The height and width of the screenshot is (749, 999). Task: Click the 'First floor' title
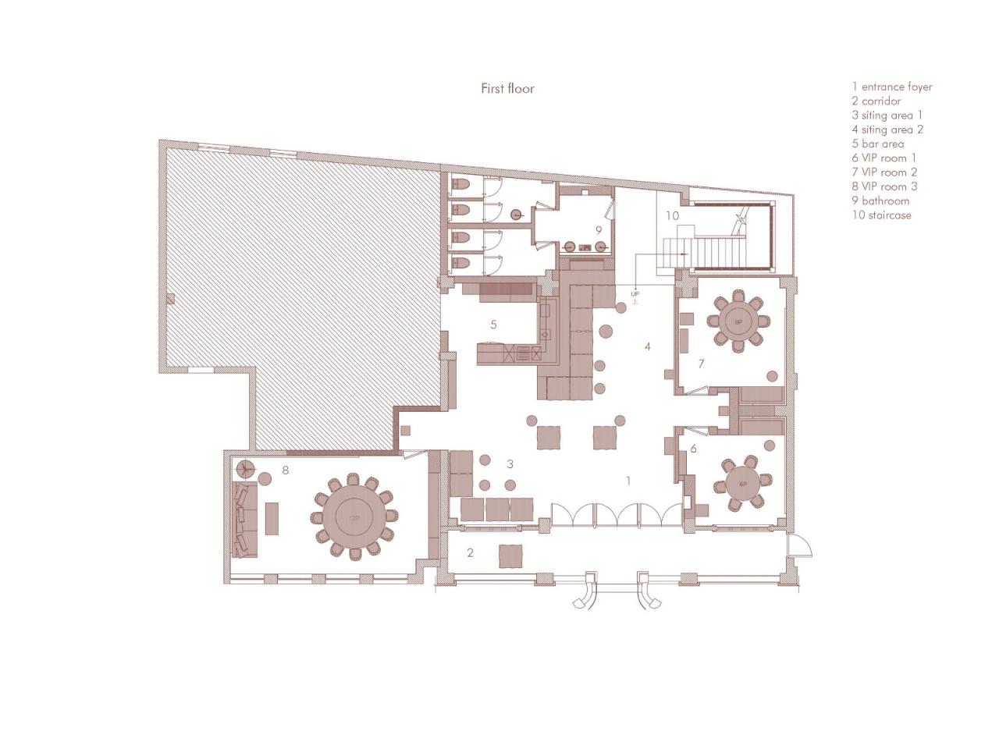[507, 88]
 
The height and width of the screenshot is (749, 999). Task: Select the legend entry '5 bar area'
[878, 144]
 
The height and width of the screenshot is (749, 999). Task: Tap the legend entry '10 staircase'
[881, 215]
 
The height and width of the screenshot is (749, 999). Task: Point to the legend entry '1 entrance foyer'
[892, 87]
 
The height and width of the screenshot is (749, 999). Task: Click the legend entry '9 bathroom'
[880, 201]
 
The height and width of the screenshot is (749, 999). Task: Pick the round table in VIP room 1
[742, 484]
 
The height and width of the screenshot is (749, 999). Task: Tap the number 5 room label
[493, 325]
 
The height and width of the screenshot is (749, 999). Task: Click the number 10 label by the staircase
[672, 215]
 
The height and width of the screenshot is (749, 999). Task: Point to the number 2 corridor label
[470, 553]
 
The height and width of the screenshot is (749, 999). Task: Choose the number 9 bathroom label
[599, 230]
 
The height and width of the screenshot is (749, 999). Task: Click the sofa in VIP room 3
[244, 519]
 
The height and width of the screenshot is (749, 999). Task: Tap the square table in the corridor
[511, 555]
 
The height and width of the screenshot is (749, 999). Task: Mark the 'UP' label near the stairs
[635, 294]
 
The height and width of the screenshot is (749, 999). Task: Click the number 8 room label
[286, 470]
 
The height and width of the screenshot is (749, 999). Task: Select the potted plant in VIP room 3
[246, 469]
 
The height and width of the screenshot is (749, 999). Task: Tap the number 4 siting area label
[647, 346]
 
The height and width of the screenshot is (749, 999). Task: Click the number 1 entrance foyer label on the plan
[628, 481]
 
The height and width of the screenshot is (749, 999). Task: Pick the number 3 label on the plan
[510, 464]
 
